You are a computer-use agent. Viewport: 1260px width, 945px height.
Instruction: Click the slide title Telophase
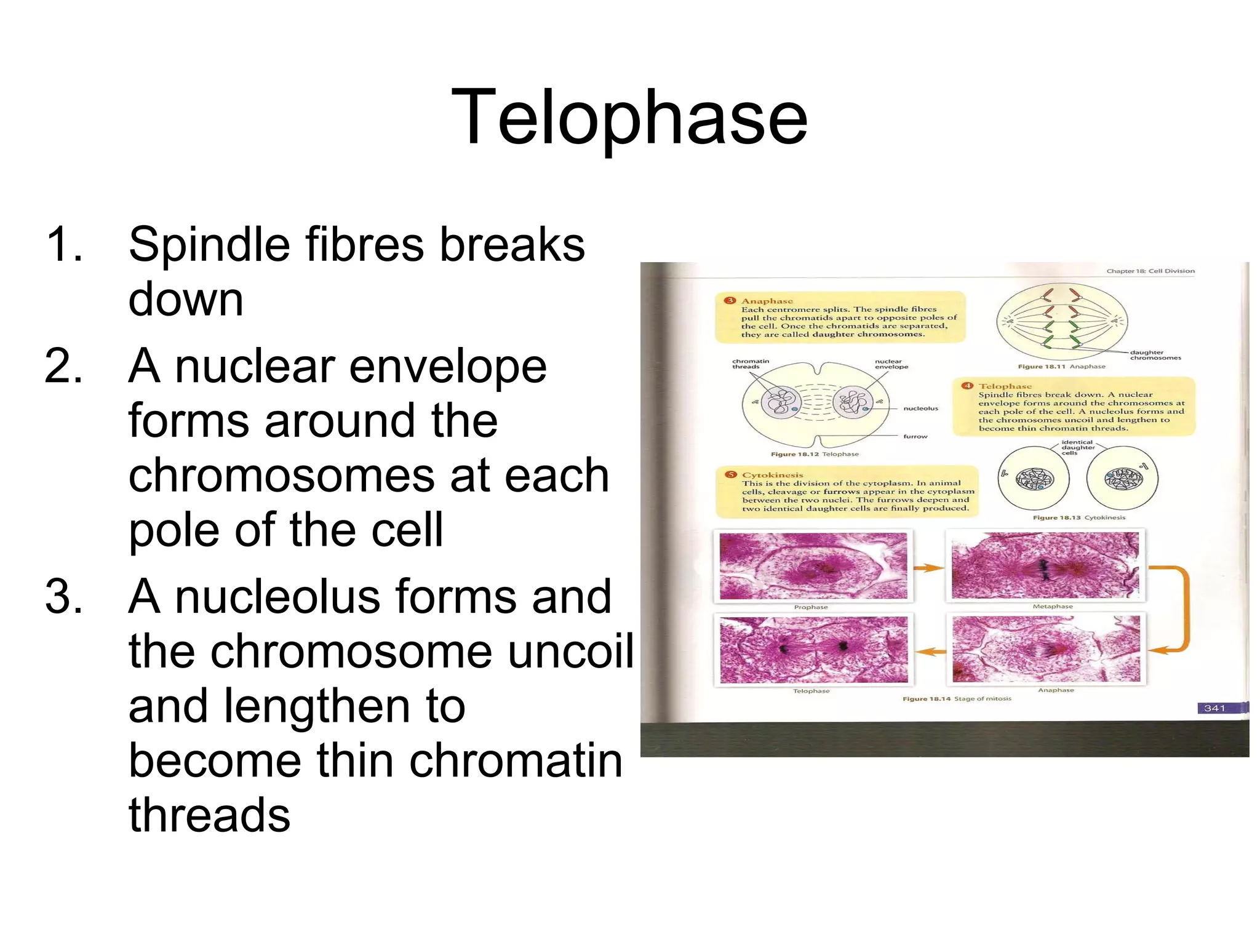(x=629, y=117)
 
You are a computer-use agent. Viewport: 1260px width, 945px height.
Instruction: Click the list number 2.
(x=63, y=367)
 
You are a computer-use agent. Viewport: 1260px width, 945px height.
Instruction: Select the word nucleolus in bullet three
(x=277, y=597)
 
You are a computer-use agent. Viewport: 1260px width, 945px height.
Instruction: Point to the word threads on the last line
(x=209, y=815)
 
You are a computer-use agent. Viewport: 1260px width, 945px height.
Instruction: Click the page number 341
(x=1214, y=708)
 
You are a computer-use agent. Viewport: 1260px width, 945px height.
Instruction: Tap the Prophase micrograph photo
(x=813, y=566)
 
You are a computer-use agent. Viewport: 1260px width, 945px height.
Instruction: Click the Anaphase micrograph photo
(x=1045, y=650)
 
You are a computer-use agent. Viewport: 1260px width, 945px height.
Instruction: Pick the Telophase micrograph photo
(x=813, y=650)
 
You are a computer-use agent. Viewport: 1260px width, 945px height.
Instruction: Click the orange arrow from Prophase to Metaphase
(x=928, y=568)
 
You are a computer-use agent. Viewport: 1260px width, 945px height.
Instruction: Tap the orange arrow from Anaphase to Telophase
(x=930, y=652)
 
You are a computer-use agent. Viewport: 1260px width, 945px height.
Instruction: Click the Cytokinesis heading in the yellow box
(x=772, y=475)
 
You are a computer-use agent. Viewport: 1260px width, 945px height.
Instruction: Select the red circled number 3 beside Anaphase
(x=730, y=301)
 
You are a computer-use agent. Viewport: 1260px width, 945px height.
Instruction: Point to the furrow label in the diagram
(x=915, y=436)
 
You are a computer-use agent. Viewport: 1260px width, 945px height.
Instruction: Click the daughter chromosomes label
(x=1155, y=355)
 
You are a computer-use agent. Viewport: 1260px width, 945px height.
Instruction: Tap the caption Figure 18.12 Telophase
(x=814, y=454)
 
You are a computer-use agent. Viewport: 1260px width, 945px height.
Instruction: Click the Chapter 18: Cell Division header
(x=1150, y=271)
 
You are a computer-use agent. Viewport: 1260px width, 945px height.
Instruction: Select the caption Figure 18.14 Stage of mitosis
(x=956, y=698)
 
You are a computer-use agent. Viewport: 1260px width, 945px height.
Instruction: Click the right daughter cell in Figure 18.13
(x=1122, y=479)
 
